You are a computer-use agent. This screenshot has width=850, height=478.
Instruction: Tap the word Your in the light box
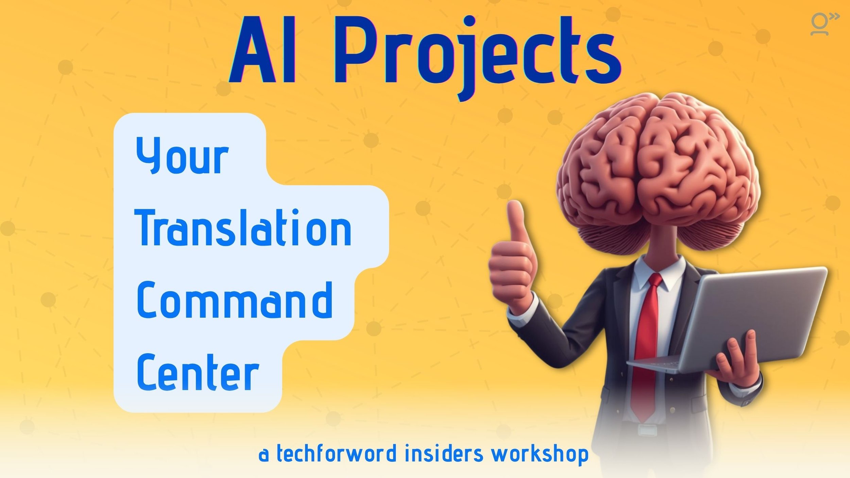[182, 156]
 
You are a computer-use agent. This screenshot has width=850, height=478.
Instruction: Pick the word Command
[235, 301]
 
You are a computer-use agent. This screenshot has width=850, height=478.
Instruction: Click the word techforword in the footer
[337, 454]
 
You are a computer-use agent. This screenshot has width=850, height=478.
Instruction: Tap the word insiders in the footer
[444, 454]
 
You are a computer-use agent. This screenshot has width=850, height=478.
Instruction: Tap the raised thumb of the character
[517, 221]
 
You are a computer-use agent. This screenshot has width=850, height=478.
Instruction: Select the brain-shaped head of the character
[658, 170]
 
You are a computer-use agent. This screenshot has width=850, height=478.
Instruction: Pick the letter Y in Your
[148, 155]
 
